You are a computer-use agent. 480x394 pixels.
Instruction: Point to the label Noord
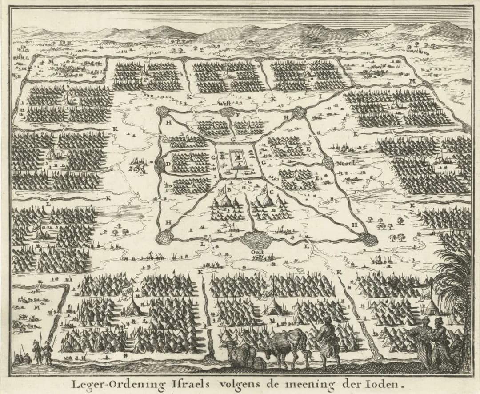pyautogui.click(x=346, y=163)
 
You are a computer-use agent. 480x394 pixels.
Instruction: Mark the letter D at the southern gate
pyautogui.click(x=168, y=163)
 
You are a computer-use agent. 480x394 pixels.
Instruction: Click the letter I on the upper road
pyautogui.click(x=319, y=95)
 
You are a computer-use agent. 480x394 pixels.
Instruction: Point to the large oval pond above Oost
pyautogui.click(x=257, y=241)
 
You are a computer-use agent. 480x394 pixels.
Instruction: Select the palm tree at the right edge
pyautogui.click(x=456, y=285)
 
